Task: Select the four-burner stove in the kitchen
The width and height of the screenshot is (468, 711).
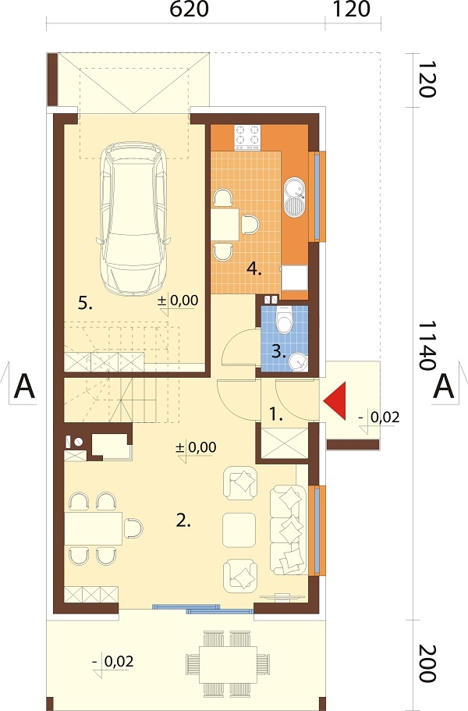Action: (247, 137)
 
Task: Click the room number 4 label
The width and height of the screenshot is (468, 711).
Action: (254, 269)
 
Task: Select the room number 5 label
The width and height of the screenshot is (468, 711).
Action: (85, 304)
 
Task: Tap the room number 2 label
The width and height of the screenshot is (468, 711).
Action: (183, 521)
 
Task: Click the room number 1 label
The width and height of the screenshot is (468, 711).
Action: (275, 414)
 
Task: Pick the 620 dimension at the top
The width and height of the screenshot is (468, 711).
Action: (189, 9)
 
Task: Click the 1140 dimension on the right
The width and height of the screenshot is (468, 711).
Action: (427, 346)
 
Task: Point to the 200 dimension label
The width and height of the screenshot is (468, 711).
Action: (427, 663)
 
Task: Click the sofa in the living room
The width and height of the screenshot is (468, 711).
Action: (288, 530)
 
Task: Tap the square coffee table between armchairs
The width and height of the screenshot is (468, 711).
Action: (239, 530)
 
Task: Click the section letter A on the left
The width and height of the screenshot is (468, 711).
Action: (24, 386)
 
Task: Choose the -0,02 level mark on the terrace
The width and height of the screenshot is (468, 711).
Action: (113, 663)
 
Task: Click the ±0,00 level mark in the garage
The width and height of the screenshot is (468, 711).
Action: (178, 300)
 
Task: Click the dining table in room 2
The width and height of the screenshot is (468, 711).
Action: (94, 528)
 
